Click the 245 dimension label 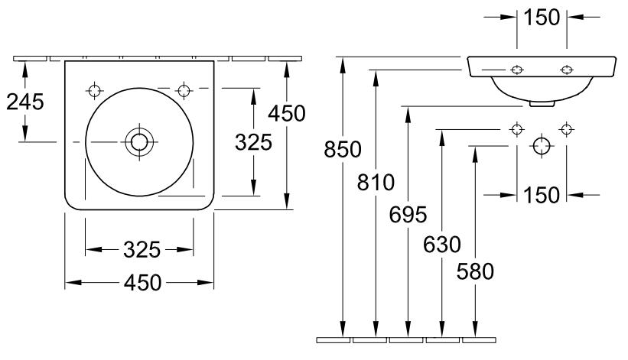click(25, 101)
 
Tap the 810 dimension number click(376, 183)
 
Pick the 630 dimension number click(443, 245)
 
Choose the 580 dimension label click(476, 271)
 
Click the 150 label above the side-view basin click(542, 16)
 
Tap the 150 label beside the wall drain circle click(542, 195)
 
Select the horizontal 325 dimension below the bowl click(142, 249)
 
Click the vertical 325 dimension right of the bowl click(253, 142)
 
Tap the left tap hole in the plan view click(94, 90)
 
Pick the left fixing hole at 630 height click(517, 128)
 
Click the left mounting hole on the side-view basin click(517, 70)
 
